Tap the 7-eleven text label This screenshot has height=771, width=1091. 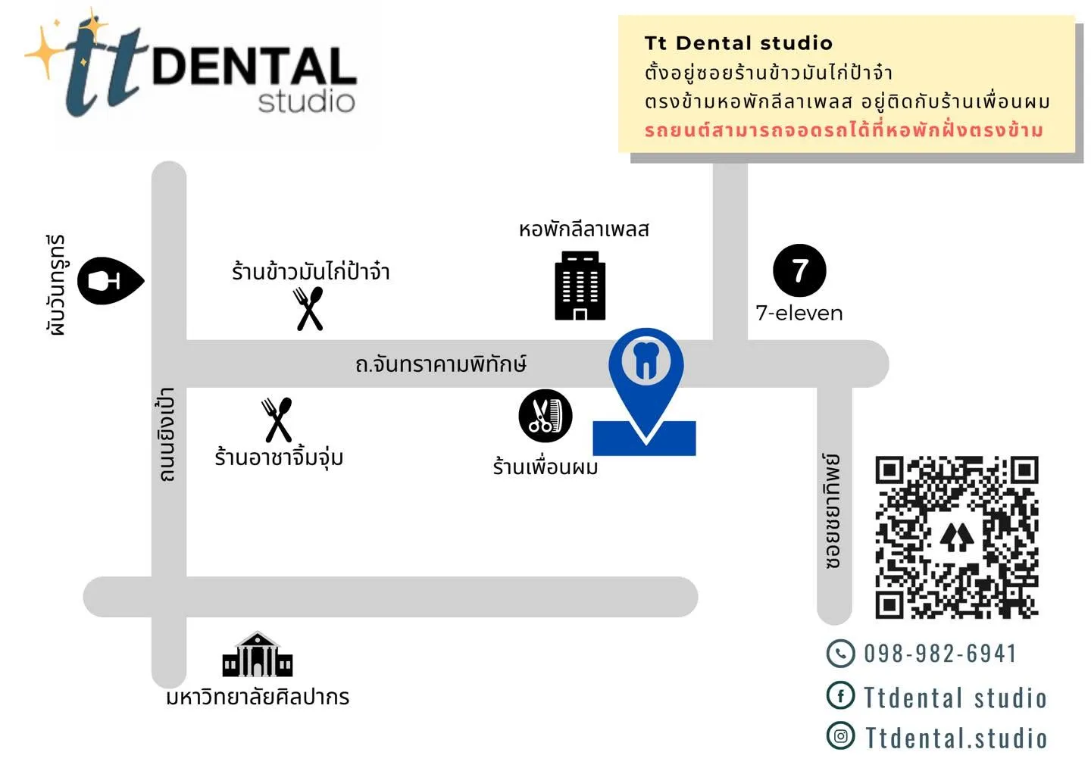coord(799,314)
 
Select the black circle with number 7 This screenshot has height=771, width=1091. coord(799,270)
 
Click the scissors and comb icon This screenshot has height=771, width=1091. coord(545,415)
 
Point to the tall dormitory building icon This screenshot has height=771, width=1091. coord(580,286)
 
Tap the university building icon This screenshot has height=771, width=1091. coord(257,654)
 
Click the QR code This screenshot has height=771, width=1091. coord(957,537)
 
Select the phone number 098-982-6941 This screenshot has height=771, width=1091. coord(940,653)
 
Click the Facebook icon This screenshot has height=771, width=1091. coord(840,695)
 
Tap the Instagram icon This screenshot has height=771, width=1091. coord(840,735)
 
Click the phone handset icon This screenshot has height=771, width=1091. coord(840,653)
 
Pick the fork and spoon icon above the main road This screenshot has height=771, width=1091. coord(308,308)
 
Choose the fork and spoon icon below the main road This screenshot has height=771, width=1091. coord(277,420)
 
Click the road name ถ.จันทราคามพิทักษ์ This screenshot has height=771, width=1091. coord(441,364)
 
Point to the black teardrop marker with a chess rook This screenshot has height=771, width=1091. coord(111,281)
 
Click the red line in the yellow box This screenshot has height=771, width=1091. coord(843,130)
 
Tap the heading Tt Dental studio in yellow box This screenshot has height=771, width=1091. coord(739,43)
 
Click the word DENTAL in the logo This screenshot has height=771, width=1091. coord(255,66)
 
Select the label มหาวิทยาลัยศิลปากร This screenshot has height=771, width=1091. coord(258,697)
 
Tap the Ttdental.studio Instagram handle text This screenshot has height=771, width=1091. coord(955,738)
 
